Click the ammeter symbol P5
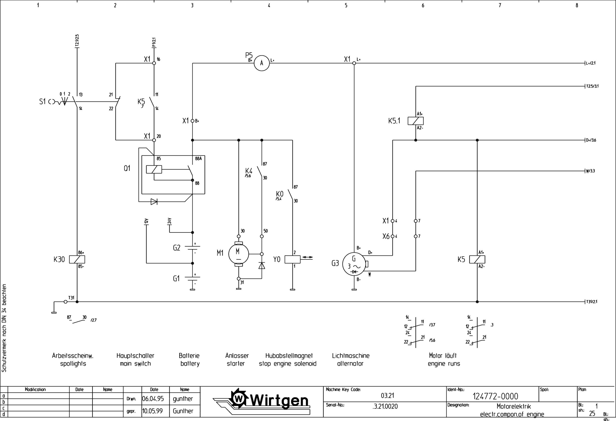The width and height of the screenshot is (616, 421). pyautogui.click(x=262, y=63)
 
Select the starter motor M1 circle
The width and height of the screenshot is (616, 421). pyautogui.click(x=238, y=254)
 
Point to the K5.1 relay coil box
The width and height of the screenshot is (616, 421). pyautogui.click(x=416, y=121)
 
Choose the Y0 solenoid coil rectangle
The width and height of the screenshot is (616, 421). pyautogui.click(x=292, y=259)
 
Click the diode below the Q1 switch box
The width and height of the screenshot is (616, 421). pyautogui.click(x=154, y=202)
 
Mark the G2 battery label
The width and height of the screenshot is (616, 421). pyautogui.click(x=177, y=248)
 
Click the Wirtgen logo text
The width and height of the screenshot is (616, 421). pyautogui.click(x=278, y=401)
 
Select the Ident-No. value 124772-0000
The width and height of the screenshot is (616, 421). pyautogui.click(x=495, y=396)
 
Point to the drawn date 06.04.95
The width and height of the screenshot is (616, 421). pyautogui.click(x=153, y=399)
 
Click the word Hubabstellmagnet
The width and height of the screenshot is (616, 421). pyautogui.click(x=289, y=356)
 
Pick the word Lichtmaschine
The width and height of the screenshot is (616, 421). pyautogui.click(x=350, y=356)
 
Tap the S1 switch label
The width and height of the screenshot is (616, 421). pyautogui.click(x=42, y=102)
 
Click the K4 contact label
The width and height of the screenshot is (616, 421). pyautogui.click(x=249, y=170)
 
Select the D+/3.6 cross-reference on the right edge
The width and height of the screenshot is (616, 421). pyautogui.click(x=591, y=140)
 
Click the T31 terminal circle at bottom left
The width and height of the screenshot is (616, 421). pyautogui.click(x=65, y=302)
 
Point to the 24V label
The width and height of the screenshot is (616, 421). pyautogui.click(x=170, y=221)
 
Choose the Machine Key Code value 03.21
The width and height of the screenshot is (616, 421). pyautogui.click(x=387, y=395)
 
